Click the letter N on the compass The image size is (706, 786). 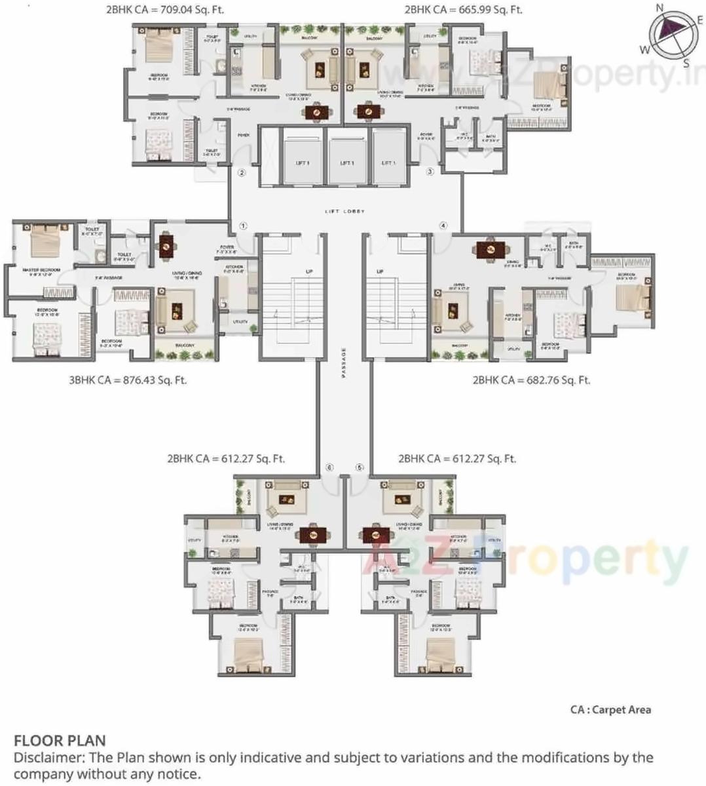click(x=660, y=8)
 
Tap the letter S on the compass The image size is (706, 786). click(x=686, y=63)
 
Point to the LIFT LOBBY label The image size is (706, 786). click(x=344, y=211)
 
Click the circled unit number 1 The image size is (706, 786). click(x=243, y=226)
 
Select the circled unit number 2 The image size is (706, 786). click(x=241, y=173)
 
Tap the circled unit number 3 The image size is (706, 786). click(x=430, y=172)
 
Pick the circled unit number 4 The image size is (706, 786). click(x=443, y=226)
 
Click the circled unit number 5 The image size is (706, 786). click(x=359, y=467)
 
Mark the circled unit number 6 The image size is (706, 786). click(x=329, y=467)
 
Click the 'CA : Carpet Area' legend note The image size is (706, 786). click(x=610, y=709)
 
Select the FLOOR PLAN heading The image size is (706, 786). click(x=60, y=741)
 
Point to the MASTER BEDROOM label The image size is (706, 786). click(x=41, y=270)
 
